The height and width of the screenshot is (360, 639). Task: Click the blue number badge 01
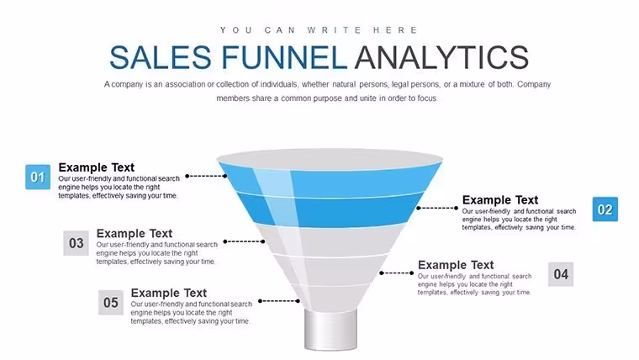[38, 177]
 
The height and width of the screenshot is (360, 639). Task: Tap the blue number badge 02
[605, 209]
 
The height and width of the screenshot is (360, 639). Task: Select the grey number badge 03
[76, 243]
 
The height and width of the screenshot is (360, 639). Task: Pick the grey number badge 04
[561, 274]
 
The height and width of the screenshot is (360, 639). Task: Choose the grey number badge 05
[111, 303]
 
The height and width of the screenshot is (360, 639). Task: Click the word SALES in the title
[161, 57]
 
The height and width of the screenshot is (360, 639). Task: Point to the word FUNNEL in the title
[284, 57]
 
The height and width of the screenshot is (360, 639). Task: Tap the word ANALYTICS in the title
[441, 57]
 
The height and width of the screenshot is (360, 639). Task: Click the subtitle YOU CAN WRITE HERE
[319, 30]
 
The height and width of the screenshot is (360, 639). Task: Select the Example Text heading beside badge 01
[96, 167]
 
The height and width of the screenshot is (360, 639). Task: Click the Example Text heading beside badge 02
[500, 200]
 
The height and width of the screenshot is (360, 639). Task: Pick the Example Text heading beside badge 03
[135, 234]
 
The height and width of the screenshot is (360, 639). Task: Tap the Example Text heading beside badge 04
[456, 265]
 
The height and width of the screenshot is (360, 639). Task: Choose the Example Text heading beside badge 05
[169, 294]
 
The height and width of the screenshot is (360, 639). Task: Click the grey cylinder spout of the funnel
[330, 330]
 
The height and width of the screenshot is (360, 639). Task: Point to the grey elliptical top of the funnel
[330, 159]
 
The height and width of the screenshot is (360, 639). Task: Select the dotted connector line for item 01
[206, 176]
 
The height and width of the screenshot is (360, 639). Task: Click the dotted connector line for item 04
[397, 273]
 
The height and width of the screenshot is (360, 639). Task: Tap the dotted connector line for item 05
[279, 301]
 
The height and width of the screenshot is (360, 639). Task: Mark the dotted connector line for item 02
[437, 208]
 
